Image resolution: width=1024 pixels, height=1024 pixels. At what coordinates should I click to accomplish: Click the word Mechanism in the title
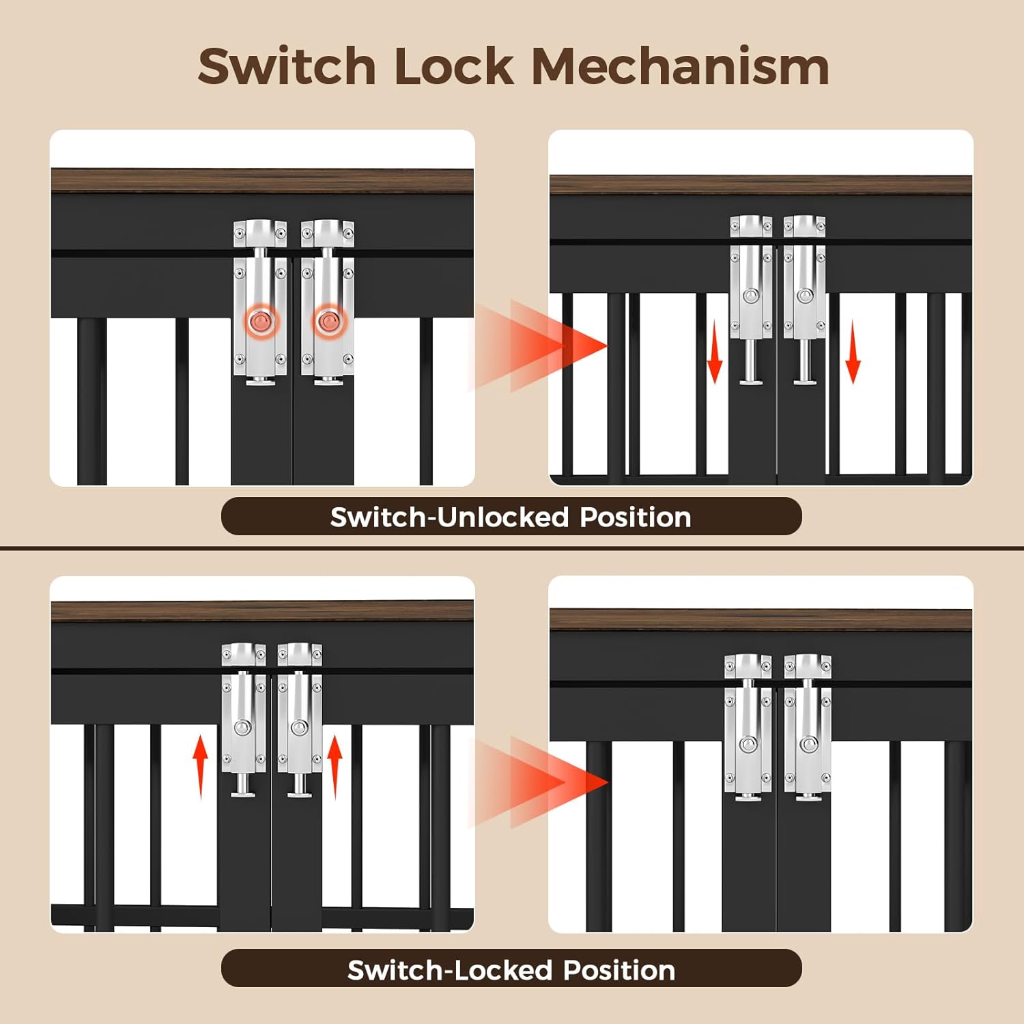tap(680, 66)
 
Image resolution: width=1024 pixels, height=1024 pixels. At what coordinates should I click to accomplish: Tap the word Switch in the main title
tap(287, 66)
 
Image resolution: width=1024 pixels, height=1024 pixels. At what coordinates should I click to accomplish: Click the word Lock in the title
tap(454, 66)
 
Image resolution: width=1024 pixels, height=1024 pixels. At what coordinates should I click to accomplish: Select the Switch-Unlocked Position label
tap(511, 517)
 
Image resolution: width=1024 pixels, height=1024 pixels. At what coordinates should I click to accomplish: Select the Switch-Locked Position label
tap(511, 969)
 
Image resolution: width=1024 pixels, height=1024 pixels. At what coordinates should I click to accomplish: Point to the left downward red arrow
tap(714, 352)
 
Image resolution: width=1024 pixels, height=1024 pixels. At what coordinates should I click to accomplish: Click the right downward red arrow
tap(853, 352)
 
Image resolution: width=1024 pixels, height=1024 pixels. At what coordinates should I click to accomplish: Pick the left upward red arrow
tap(200, 766)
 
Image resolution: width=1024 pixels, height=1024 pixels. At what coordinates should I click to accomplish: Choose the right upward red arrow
tap(335, 766)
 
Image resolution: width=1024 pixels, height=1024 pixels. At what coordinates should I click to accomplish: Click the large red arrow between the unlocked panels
tap(539, 345)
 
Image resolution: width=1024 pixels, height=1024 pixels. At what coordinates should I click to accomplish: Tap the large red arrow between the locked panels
tap(539, 782)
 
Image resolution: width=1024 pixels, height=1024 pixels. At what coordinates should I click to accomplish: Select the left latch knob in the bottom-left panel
tap(242, 728)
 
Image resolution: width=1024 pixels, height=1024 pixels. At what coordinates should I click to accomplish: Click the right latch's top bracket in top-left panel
tap(328, 233)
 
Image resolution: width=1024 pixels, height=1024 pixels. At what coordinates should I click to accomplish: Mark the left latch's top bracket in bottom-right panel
tap(748, 667)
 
